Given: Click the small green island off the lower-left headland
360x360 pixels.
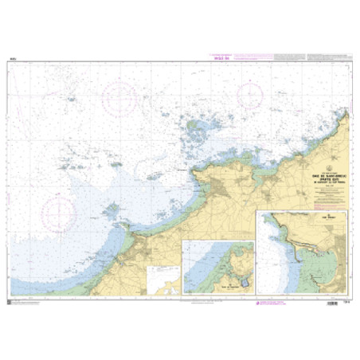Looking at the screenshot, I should tap(113, 209).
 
